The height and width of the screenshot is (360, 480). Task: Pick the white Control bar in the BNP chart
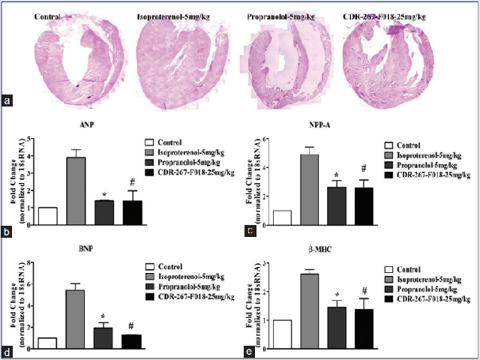point(47,343)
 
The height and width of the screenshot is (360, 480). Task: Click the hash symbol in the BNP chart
point(130,326)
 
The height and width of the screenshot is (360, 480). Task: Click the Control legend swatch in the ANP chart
point(149,141)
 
